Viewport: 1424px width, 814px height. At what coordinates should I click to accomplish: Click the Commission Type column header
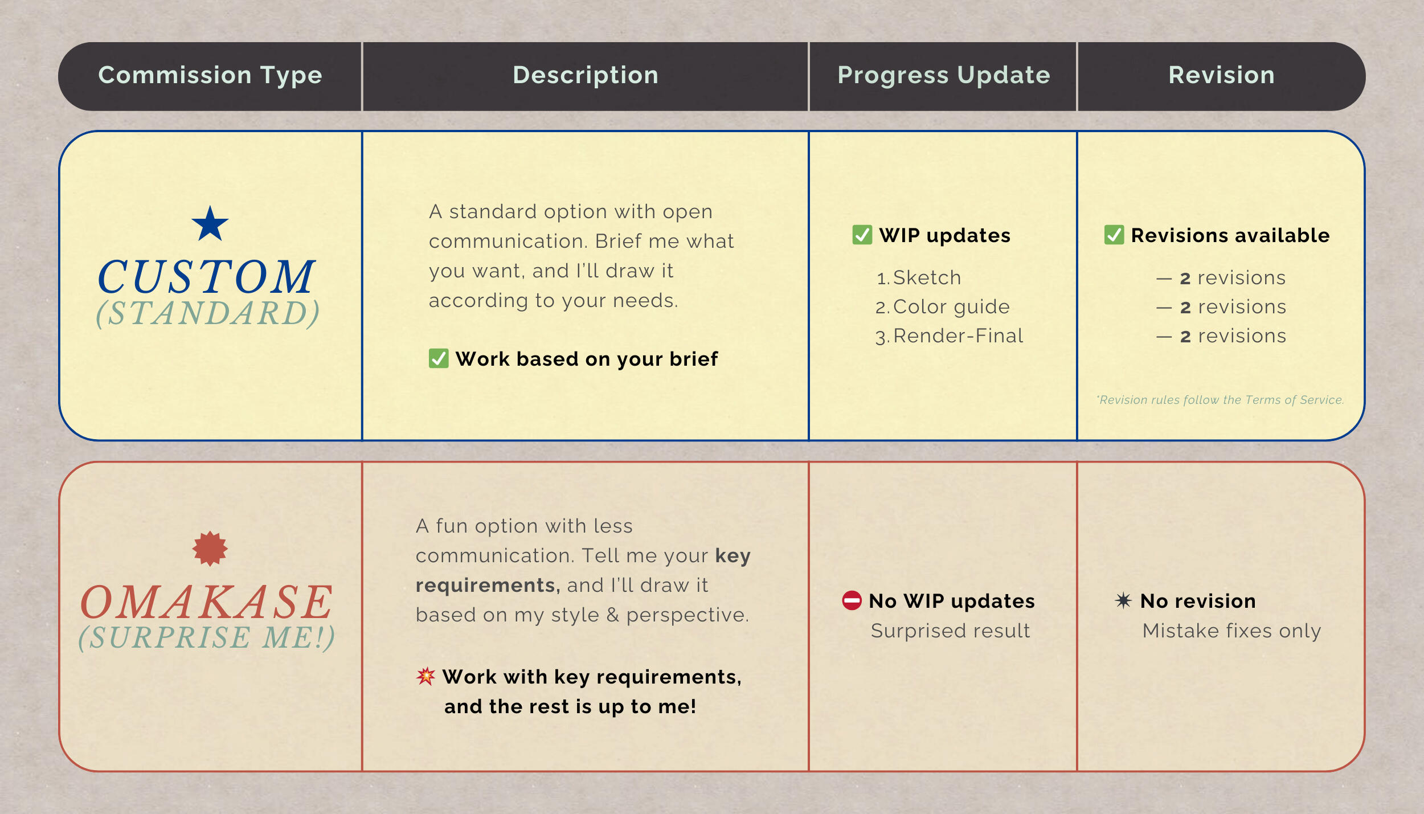pyautogui.click(x=210, y=76)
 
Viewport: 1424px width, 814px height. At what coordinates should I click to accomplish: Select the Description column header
pyautogui.click(x=586, y=75)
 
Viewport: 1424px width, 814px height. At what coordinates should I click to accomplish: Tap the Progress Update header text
pyautogui.click(x=944, y=76)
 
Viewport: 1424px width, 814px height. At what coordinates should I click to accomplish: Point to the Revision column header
pyautogui.click(x=1222, y=75)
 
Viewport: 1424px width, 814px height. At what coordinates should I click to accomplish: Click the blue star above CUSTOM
pyautogui.click(x=210, y=224)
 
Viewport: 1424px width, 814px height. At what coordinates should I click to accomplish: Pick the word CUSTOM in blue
pyautogui.click(x=206, y=277)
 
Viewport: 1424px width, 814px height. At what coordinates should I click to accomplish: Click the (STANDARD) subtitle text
pyautogui.click(x=207, y=313)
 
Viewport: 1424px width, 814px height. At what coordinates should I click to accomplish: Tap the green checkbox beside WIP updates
pyautogui.click(x=862, y=235)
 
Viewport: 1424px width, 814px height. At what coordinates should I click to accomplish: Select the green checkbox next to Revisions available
pyautogui.click(x=1114, y=235)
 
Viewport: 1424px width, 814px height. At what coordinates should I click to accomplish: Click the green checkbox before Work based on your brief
pyautogui.click(x=439, y=358)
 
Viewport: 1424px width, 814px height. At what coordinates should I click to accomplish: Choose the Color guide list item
pyautogui.click(x=942, y=307)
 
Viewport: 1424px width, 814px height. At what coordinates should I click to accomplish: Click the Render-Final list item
pyautogui.click(x=949, y=336)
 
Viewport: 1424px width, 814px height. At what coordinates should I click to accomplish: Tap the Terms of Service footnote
pyautogui.click(x=1221, y=400)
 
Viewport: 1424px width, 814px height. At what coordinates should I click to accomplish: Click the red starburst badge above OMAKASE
pyautogui.click(x=210, y=549)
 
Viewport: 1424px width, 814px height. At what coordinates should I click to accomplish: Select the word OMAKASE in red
pyautogui.click(x=206, y=603)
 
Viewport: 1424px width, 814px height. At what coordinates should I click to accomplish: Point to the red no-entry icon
pyautogui.click(x=852, y=600)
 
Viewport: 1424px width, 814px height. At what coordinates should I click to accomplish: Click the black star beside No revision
pyautogui.click(x=1123, y=600)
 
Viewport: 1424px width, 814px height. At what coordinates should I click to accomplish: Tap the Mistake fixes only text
pyautogui.click(x=1231, y=631)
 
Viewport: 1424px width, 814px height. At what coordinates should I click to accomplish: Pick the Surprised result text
pyautogui.click(x=950, y=631)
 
